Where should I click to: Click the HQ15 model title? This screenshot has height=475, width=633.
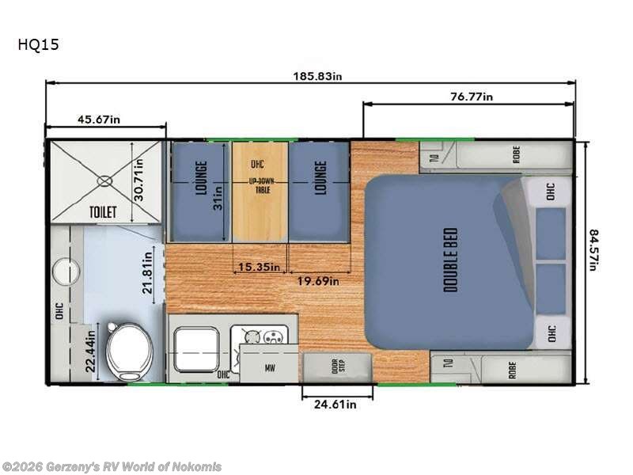pos(38,45)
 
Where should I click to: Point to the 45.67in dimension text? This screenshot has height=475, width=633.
pos(99,120)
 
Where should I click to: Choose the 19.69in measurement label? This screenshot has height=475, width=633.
pos(316,280)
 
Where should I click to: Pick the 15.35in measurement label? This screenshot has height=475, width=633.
pos(260,267)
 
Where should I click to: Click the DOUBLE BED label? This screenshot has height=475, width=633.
pos(451,260)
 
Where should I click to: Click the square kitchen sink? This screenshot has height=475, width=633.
pos(197,348)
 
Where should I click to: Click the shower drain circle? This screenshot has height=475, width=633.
pos(104,180)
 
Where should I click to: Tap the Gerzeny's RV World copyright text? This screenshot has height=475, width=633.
pos(112,467)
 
